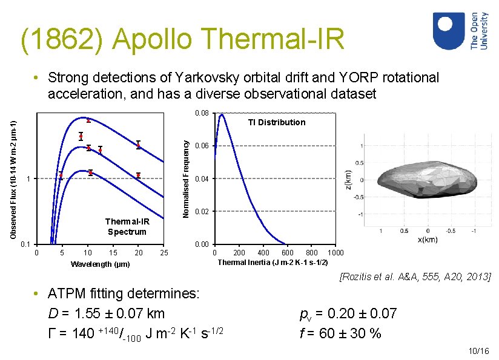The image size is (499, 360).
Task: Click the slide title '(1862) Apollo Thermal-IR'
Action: point(182,39)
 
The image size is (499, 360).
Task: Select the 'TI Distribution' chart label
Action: point(276,122)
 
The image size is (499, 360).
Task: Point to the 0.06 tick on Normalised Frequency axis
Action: point(202,146)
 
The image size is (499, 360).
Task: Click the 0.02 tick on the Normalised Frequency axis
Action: point(202,211)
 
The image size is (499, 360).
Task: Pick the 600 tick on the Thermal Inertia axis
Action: point(288,252)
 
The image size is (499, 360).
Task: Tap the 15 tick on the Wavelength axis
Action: point(113,252)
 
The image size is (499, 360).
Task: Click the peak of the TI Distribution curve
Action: point(222,114)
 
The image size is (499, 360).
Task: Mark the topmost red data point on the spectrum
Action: point(88,120)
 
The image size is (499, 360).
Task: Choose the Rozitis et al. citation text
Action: point(416,277)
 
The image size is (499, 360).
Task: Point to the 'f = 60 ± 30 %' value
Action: point(340,332)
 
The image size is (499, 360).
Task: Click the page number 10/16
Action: point(478,351)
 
